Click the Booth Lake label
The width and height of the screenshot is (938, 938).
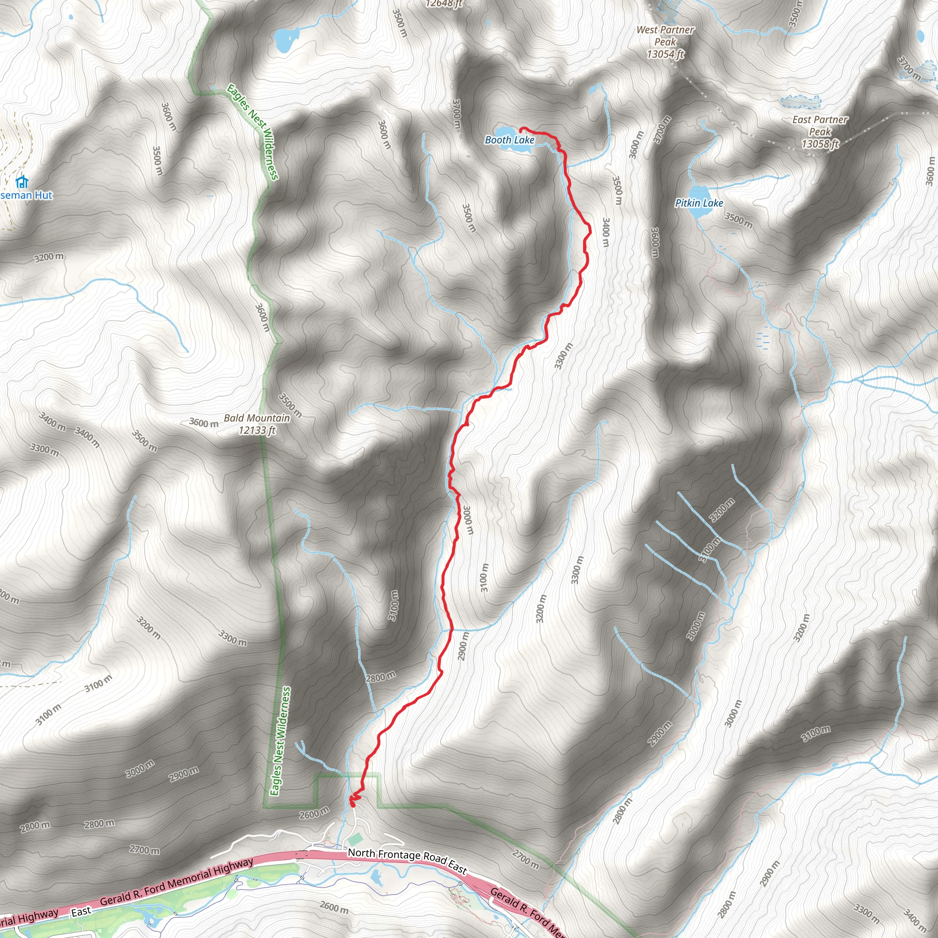coord(509,140)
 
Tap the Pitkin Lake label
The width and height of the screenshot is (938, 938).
coord(698,203)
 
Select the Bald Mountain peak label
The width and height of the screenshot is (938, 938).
coord(256,418)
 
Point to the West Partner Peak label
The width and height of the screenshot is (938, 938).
coord(665,36)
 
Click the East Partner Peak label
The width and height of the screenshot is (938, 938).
coord(820,125)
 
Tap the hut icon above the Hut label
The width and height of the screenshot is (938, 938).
coord(22,182)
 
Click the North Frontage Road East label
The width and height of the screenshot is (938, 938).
coord(407,860)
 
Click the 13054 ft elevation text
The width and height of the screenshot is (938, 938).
coord(665,54)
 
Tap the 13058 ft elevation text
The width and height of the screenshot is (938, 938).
coord(820,144)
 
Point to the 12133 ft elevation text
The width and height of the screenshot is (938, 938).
coord(257,430)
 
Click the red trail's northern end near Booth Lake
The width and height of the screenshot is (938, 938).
coord(521,129)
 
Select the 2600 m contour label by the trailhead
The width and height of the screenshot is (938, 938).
coord(314,813)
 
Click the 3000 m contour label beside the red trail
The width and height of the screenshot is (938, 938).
coord(467,520)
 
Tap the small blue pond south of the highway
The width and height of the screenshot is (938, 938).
coord(375,876)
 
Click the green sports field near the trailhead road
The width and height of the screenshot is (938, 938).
coord(355,839)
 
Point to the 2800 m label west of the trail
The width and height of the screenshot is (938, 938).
coord(381,676)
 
